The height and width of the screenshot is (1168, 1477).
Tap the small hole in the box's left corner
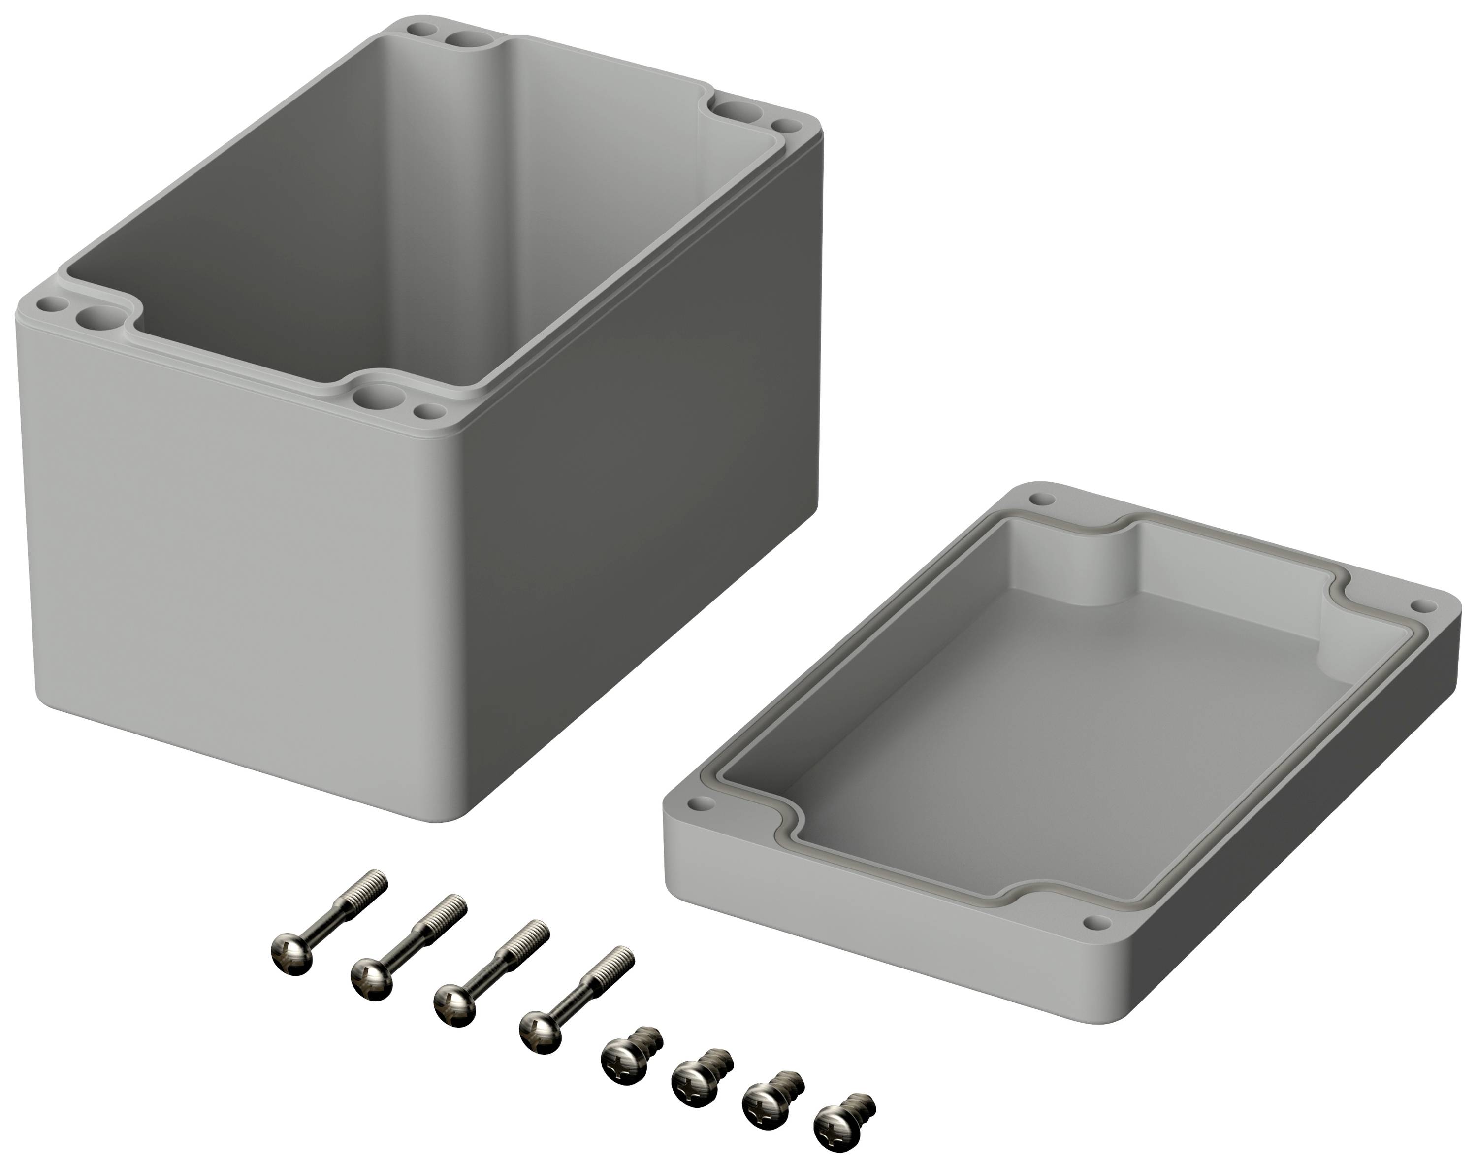(x=49, y=302)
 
